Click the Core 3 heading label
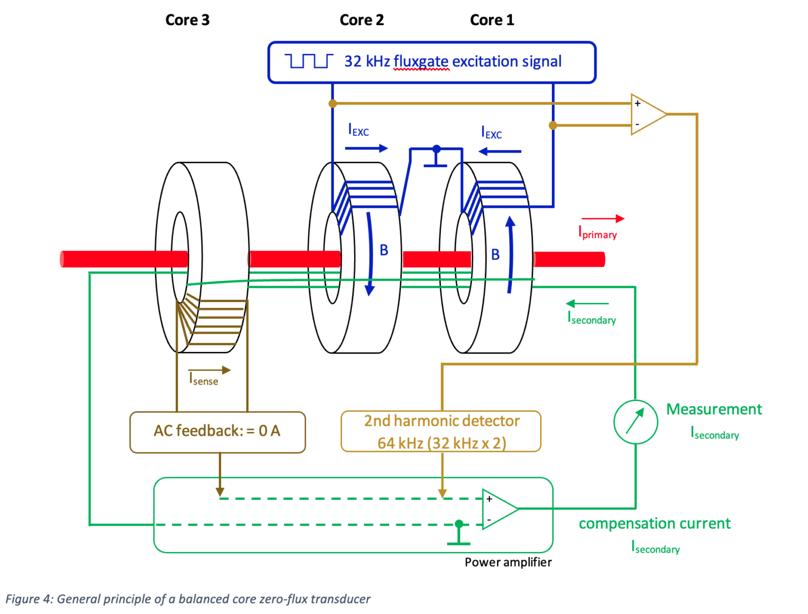[187, 20]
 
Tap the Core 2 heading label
[361, 20]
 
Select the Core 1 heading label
[491, 20]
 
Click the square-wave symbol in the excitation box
[309, 61]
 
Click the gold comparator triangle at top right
[647, 114]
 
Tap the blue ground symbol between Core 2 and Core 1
[436, 158]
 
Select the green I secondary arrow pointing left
[587, 304]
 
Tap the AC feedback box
[217, 432]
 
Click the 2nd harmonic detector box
[441, 432]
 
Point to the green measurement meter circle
[635, 422]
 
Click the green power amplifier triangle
[498, 509]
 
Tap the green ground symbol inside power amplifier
[459, 535]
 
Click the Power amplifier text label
[508, 562]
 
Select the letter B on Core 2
[384, 250]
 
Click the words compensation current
[654, 524]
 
